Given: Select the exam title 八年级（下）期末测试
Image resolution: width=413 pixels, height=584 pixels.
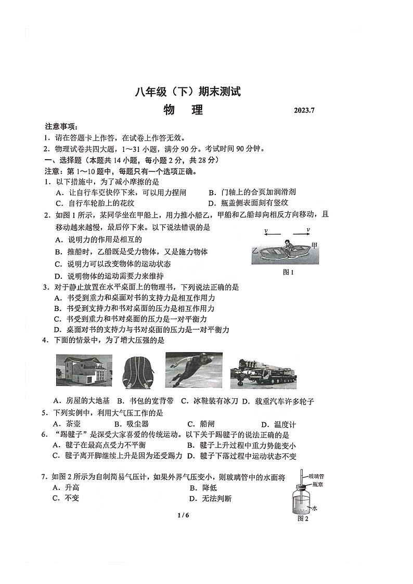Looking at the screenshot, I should tap(188, 92).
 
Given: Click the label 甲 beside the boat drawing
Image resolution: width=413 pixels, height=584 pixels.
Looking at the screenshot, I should tap(314, 245).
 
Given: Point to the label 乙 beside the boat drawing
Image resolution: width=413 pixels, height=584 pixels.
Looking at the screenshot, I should tap(255, 250).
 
